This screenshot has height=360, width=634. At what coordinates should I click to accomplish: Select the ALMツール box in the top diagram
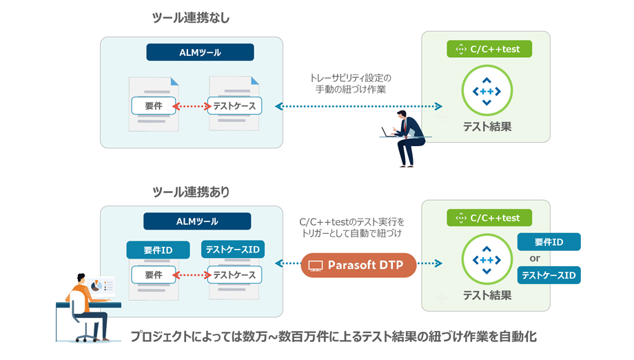click(x=200, y=52)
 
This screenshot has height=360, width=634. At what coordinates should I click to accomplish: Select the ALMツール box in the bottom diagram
click(x=197, y=221)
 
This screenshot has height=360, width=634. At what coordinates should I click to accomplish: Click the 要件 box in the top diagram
click(x=152, y=106)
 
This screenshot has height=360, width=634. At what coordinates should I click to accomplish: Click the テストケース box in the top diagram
click(x=234, y=106)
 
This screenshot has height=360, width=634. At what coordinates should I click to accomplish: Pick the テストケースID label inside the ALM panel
click(x=234, y=249)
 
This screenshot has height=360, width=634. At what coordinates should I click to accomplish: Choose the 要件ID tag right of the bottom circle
click(x=549, y=242)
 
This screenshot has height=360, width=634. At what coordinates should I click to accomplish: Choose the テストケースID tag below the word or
click(x=549, y=275)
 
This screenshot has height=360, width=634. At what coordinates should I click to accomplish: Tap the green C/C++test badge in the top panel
click(x=490, y=49)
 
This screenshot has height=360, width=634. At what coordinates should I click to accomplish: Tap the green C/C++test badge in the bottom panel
click(x=490, y=218)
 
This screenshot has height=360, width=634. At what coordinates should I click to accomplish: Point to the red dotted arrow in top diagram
click(x=190, y=106)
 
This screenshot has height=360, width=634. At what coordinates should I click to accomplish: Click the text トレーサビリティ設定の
click(x=350, y=78)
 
